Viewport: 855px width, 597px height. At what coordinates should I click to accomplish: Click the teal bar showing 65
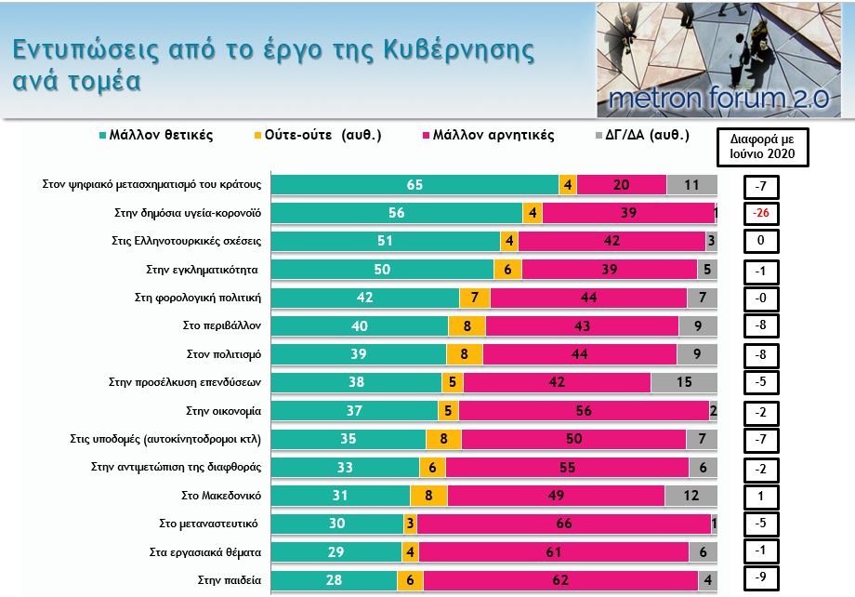(414, 185)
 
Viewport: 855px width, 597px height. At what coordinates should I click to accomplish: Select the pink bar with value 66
(564, 524)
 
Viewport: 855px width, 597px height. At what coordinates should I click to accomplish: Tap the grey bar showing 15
(684, 382)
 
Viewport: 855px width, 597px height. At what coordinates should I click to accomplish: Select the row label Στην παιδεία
(229, 580)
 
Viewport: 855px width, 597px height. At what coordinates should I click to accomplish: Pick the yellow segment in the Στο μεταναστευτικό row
(409, 524)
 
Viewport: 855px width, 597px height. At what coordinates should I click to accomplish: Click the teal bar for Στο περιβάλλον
(360, 326)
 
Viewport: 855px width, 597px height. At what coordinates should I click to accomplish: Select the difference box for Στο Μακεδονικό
(760, 496)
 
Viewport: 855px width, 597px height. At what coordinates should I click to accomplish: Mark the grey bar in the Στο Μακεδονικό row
(691, 496)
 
